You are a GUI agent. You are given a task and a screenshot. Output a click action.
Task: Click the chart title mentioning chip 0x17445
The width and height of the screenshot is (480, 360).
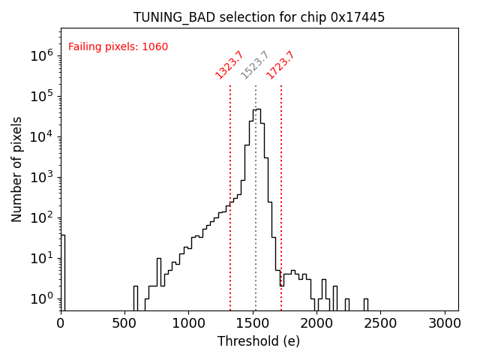259,17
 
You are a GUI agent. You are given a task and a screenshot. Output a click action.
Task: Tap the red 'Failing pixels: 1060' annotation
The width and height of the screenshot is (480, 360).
118,47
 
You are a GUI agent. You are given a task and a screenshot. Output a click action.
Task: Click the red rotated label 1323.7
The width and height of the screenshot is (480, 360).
229,65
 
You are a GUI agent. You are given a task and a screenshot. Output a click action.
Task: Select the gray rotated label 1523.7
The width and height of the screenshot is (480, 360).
255,65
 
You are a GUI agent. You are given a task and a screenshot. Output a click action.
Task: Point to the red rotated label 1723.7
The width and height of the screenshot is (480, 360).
280,65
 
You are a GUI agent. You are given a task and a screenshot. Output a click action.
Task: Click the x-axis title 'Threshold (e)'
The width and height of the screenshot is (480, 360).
259,341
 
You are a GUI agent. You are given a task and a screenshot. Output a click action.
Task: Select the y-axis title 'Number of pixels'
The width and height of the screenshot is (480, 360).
17,169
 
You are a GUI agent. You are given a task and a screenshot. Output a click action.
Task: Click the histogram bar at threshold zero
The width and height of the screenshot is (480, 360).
63,270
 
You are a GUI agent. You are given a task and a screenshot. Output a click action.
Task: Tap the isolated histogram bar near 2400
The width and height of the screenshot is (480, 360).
366,304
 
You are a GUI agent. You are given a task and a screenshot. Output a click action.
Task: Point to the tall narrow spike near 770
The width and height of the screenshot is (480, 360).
159,281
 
